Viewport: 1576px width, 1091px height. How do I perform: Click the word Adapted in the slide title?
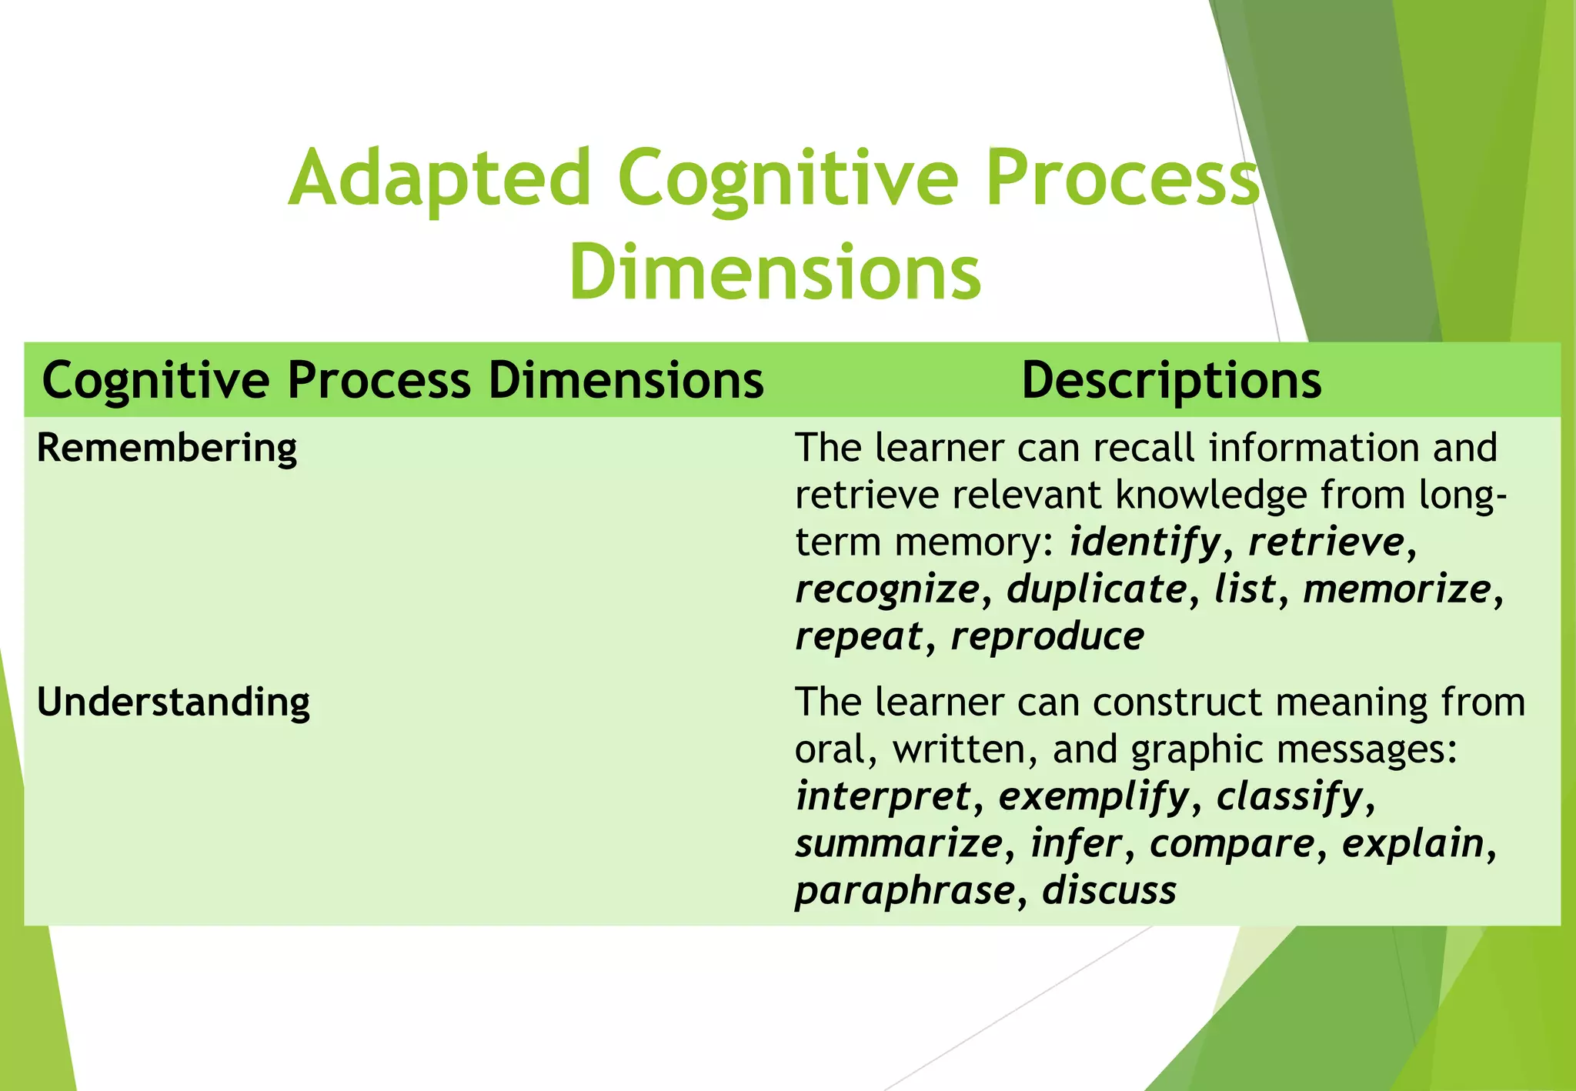[439, 178]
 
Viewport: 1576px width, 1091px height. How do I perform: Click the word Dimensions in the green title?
[775, 272]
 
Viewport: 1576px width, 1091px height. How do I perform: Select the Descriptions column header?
[1170, 380]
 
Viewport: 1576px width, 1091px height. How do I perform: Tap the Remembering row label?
[167, 448]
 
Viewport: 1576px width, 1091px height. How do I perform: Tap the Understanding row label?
[173, 702]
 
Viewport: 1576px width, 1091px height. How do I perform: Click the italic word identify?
[1144, 542]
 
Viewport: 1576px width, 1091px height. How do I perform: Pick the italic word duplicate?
[1097, 589]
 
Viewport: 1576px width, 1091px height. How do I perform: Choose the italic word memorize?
[1397, 589]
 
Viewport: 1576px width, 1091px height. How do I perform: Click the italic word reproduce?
[1047, 636]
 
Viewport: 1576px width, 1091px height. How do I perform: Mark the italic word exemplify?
[1094, 796]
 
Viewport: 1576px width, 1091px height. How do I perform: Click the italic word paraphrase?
[905, 891]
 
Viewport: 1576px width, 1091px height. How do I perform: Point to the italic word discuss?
[1109, 891]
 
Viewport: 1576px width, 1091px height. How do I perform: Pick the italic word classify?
[1290, 796]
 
